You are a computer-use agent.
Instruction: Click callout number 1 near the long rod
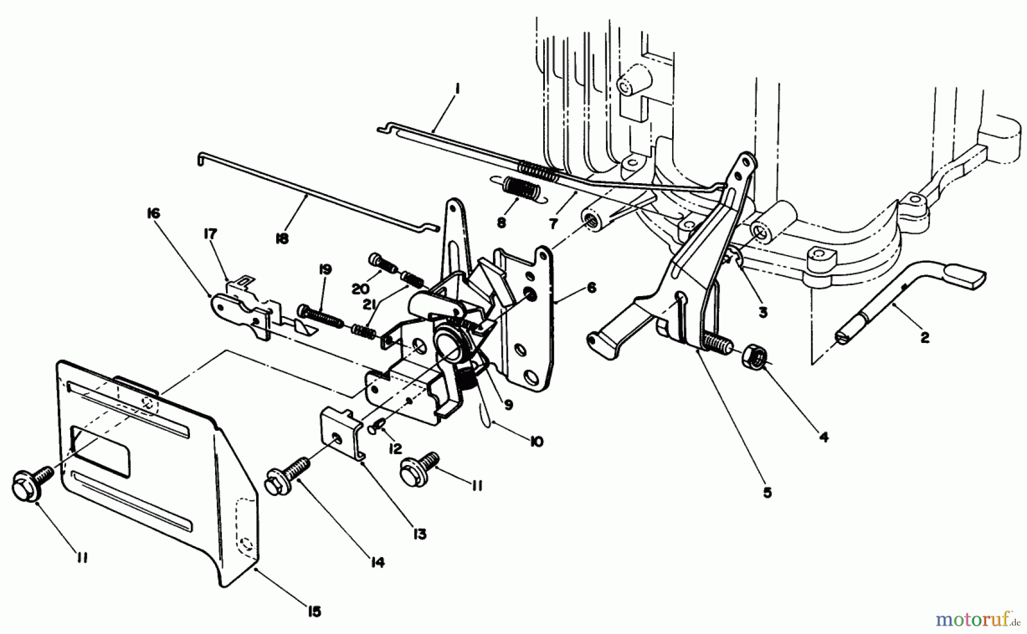[458, 90]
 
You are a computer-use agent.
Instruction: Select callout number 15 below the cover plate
[314, 611]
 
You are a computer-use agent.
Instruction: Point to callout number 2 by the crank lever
[924, 338]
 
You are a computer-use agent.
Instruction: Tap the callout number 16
[153, 213]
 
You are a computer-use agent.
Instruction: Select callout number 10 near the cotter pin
[537, 442]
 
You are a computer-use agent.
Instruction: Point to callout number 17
[210, 233]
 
